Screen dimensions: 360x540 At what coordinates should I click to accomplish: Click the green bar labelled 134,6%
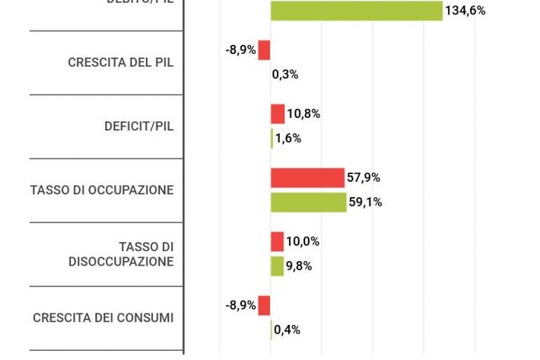tap(356, 11)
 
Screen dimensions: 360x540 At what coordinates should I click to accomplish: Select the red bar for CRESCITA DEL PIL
tap(265, 50)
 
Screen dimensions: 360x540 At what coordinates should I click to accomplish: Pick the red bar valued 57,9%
tap(308, 177)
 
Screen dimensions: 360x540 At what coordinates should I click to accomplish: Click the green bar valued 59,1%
tap(309, 202)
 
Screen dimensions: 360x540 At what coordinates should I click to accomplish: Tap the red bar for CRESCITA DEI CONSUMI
tap(265, 305)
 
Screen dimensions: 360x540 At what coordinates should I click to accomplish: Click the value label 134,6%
tap(465, 11)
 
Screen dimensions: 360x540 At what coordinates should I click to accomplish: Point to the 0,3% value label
tap(285, 75)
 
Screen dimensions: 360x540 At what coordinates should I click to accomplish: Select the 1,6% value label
tap(288, 139)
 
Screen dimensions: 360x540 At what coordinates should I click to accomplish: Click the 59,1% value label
tap(366, 202)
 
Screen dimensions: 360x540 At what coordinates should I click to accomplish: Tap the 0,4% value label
tap(287, 329)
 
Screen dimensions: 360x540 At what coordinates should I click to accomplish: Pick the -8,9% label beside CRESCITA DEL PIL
tap(240, 50)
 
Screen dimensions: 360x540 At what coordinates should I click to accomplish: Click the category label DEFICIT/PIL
tap(139, 126)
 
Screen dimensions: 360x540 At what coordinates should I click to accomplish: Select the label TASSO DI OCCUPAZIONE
tap(102, 190)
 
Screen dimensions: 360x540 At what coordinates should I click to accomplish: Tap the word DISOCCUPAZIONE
tap(121, 261)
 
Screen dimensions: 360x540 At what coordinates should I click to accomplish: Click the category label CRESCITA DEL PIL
tap(121, 62)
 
